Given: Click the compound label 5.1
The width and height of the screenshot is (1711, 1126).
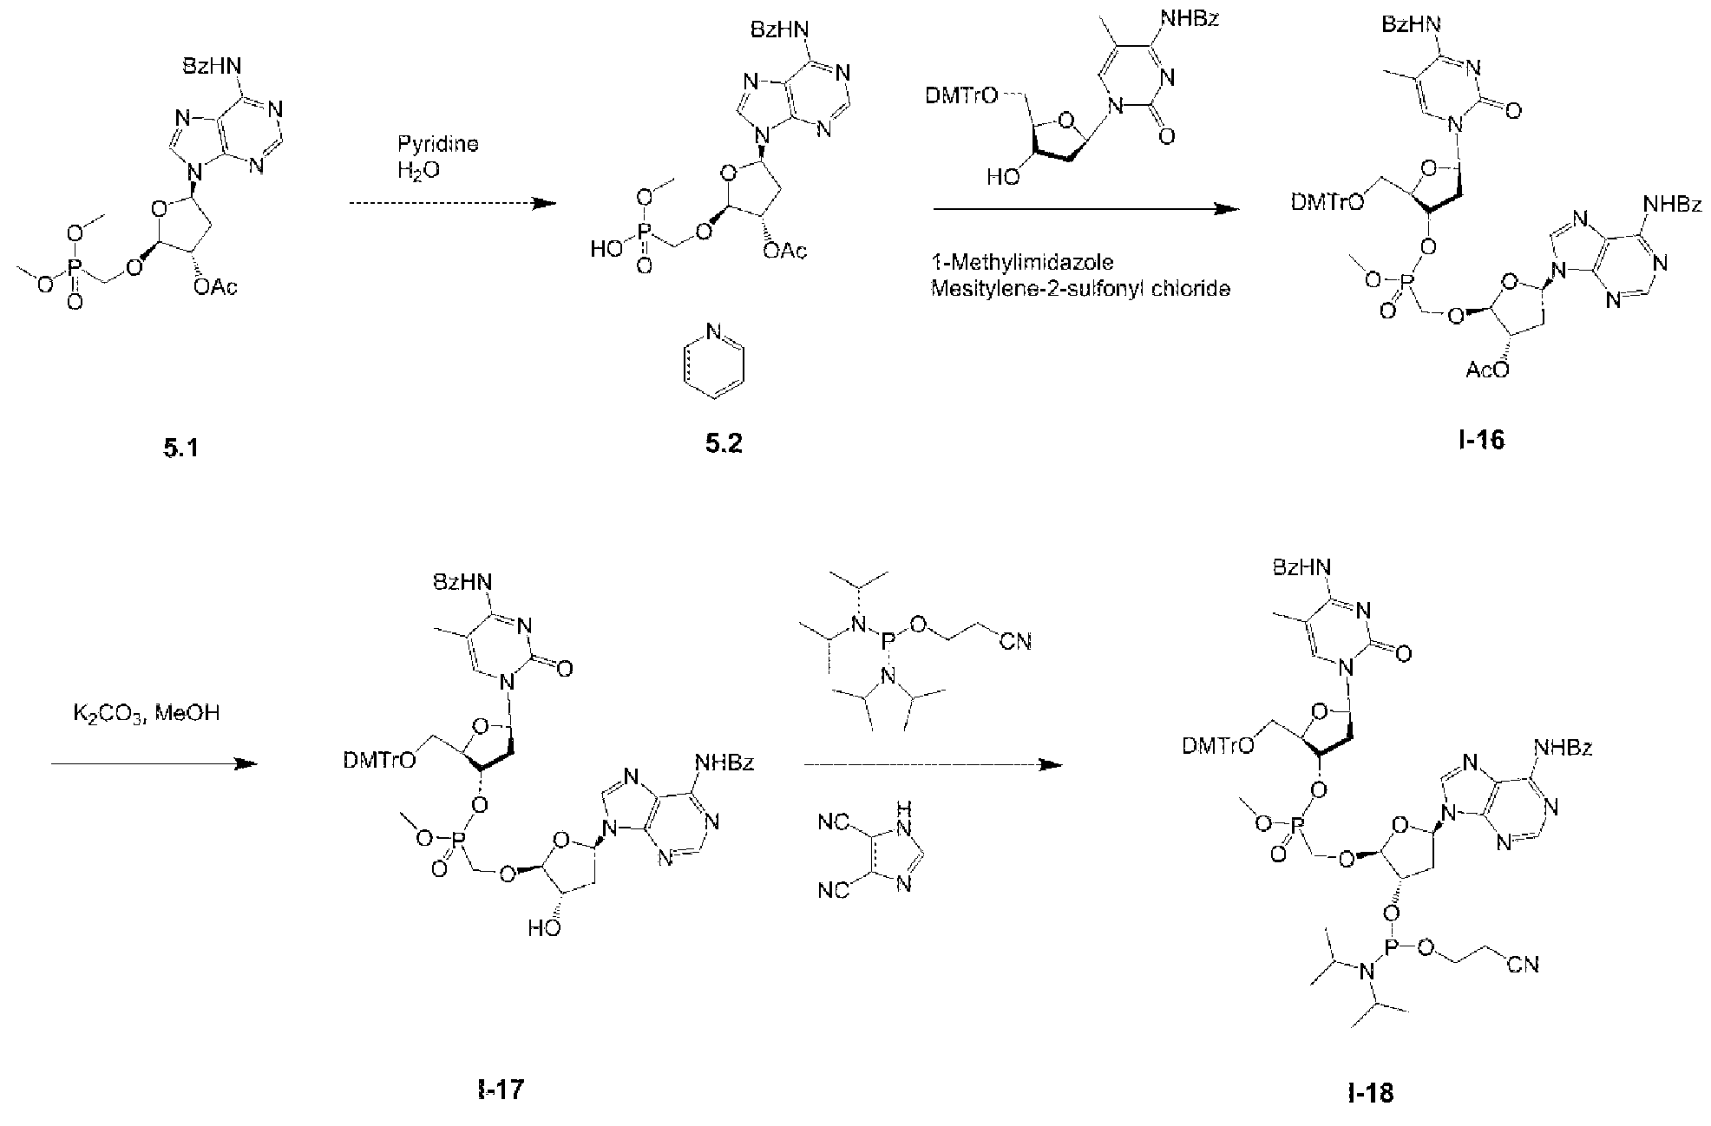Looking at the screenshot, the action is click(180, 449).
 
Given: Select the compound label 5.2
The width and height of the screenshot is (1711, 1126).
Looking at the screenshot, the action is click(724, 445).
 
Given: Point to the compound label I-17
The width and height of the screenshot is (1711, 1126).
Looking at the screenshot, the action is click(501, 1090).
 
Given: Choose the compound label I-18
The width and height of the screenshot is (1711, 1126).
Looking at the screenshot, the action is click(1372, 1093).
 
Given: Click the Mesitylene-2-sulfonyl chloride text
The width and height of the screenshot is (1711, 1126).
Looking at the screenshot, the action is click(1080, 289).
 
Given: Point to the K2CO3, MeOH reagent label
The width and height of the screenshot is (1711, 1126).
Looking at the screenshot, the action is click(147, 714).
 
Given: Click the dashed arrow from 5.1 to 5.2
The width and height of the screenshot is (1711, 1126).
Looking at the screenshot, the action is click(451, 203).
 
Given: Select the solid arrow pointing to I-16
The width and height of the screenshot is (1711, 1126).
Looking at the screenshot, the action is click(1085, 209).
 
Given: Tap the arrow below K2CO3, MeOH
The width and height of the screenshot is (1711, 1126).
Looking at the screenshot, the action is click(155, 764).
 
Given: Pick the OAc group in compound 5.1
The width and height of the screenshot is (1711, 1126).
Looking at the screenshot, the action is click(216, 287).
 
